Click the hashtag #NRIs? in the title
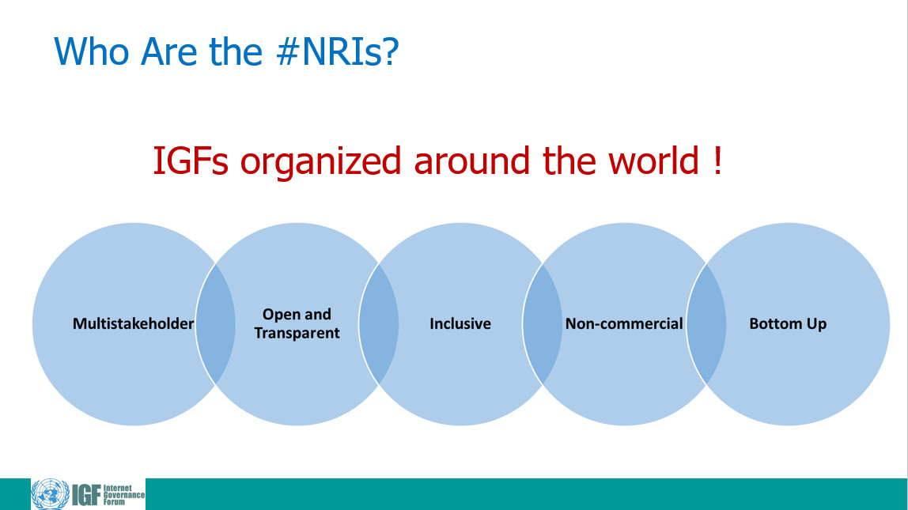tap(338, 51)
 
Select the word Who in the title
tap(92, 51)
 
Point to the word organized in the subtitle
tap(321, 162)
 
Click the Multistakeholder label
tap(133, 323)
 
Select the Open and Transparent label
tap(297, 323)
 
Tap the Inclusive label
tap(460, 323)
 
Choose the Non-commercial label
tap(624, 323)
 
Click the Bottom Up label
tap(788, 323)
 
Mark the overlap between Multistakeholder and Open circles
tap(215, 324)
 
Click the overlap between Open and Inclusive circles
tap(379, 324)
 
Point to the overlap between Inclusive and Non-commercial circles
tap(543, 324)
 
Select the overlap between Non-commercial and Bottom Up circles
tap(706, 324)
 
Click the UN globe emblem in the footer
tap(51, 494)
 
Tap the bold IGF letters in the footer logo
tap(86, 496)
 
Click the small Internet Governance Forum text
tap(123, 495)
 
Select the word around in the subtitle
tap(471, 161)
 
